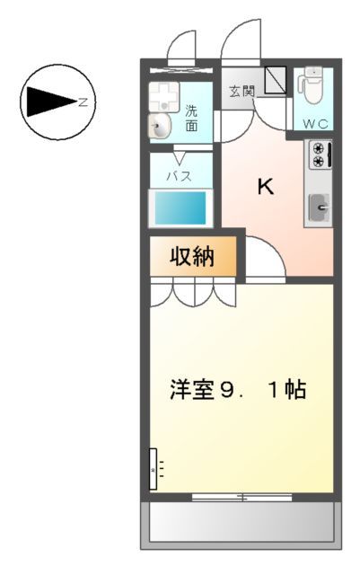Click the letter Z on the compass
83,102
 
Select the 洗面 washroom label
192,119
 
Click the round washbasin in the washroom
162,127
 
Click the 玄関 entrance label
240,91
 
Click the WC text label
314,123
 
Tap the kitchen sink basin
319,209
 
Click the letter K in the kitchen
266,187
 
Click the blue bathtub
180,209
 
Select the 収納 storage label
193,257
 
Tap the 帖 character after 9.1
297,391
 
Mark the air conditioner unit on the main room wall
154,469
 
